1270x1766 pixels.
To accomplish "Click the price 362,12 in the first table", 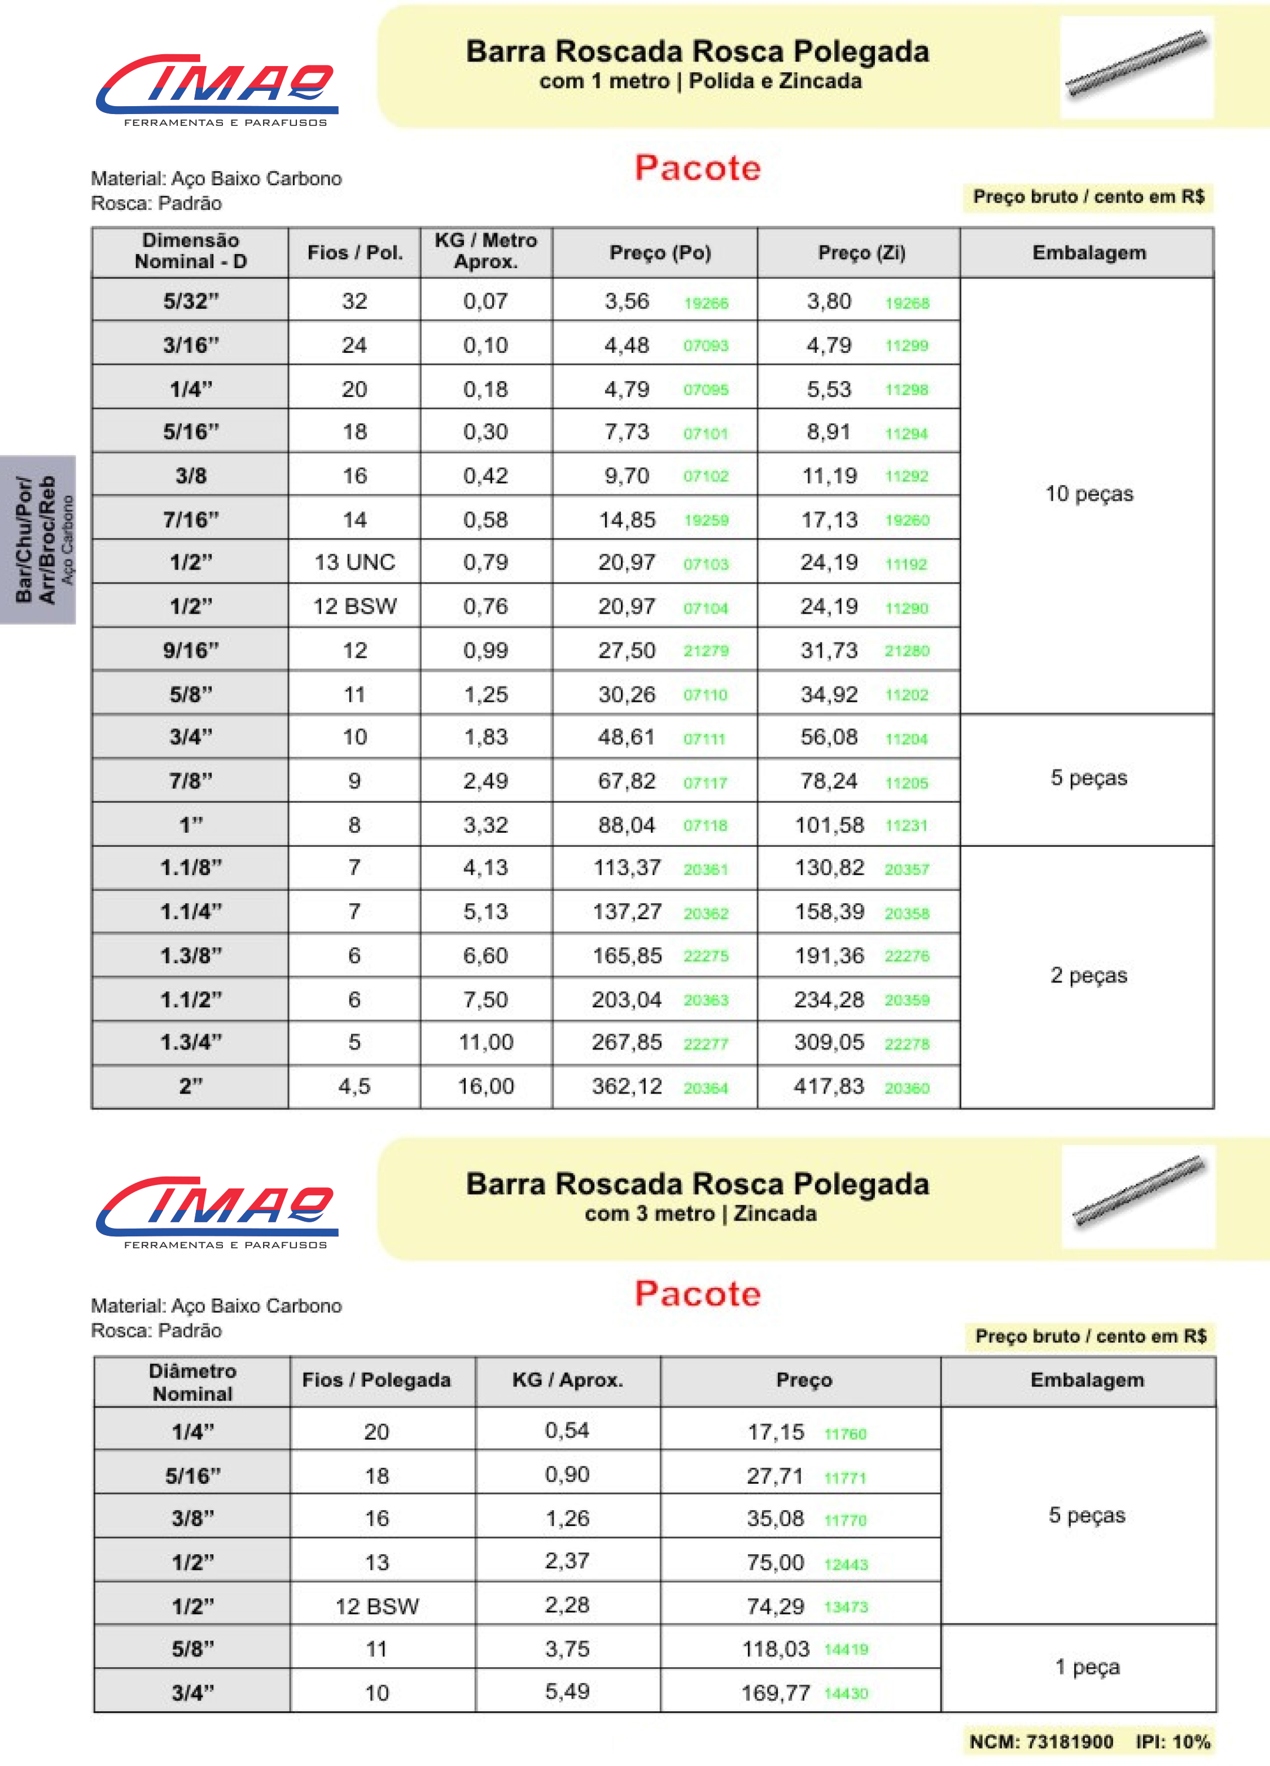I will pyautogui.click(x=627, y=1086).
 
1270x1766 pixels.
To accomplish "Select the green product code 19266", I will pyautogui.click(x=706, y=303).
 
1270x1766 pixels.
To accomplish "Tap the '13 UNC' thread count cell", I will pyautogui.click(x=354, y=562).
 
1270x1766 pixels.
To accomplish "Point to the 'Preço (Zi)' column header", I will pyautogui.click(x=861, y=253).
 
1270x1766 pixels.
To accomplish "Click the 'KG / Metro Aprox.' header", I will pyautogui.click(x=486, y=251).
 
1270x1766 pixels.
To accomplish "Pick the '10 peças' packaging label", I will pyautogui.click(x=1089, y=493).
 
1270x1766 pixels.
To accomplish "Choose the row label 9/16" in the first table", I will pyautogui.click(x=191, y=650).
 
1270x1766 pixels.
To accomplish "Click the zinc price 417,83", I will pyautogui.click(x=829, y=1086).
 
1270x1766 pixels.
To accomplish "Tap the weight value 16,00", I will pyautogui.click(x=486, y=1086).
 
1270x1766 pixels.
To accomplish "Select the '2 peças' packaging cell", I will pyautogui.click(x=1089, y=976).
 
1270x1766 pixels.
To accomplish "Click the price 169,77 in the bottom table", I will pyautogui.click(x=776, y=1693).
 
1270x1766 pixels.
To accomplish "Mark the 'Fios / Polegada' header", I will pyautogui.click(x=376, y=1380).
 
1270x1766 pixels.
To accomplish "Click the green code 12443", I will pyautogui.click(x=846, y=1564).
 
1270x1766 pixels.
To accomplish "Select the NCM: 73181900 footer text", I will pyautogui.click(x=1041, y=1742).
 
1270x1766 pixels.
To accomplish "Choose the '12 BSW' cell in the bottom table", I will pyautogui.click(x=377, y=1606).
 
